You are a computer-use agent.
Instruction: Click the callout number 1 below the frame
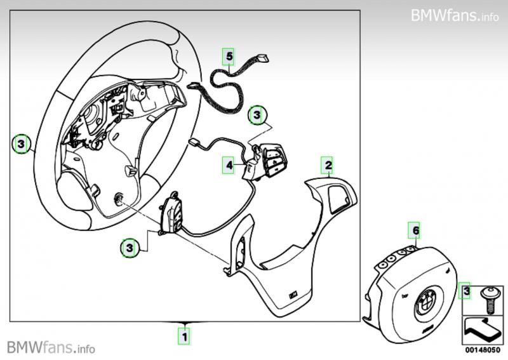pos(184,333)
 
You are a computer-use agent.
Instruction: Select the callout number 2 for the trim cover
pos(328,166)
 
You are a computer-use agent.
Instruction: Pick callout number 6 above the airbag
pos(416,229)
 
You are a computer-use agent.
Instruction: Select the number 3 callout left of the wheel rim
pos(21,145)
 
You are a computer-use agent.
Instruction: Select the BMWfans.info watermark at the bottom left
pos(51,347)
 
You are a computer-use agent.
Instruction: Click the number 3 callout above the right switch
pos(256,115)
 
